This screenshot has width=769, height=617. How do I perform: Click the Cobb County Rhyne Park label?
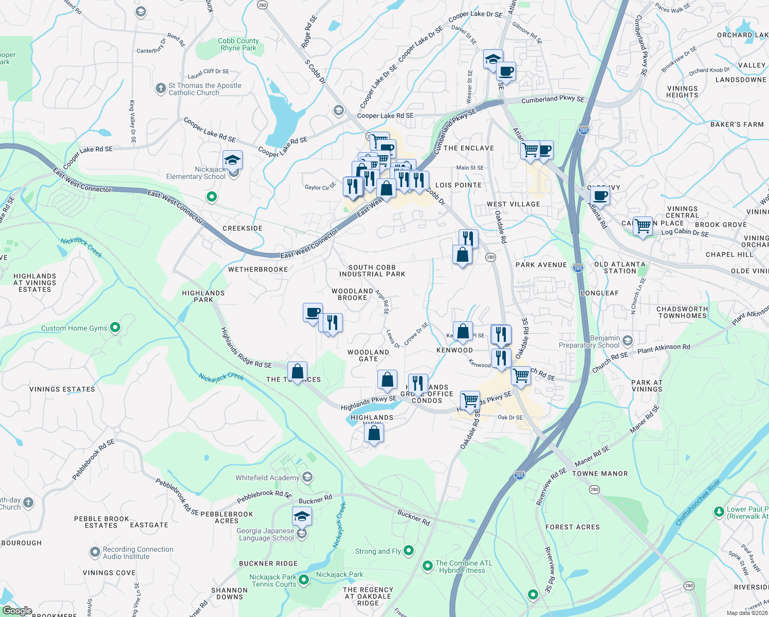238,44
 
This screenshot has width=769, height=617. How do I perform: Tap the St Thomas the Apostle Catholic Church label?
205,89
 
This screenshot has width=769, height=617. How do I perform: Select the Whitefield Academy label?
267,478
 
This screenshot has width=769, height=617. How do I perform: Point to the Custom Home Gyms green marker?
115,327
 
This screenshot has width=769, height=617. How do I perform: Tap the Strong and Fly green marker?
409,551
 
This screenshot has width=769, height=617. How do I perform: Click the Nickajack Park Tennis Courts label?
273,580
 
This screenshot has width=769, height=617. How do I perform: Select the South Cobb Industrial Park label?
372,270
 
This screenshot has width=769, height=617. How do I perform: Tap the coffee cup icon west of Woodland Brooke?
313,312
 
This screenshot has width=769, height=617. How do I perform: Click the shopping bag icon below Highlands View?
374,433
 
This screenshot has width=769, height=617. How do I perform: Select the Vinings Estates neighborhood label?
62,389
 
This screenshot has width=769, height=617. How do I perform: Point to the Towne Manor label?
600,474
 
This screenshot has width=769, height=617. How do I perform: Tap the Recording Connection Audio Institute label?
138,553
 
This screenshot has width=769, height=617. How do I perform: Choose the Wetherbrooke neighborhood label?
258,269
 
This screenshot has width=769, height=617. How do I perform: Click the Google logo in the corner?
17,611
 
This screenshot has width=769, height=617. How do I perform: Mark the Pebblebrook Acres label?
227,517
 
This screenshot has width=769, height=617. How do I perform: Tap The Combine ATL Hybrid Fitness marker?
427,566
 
